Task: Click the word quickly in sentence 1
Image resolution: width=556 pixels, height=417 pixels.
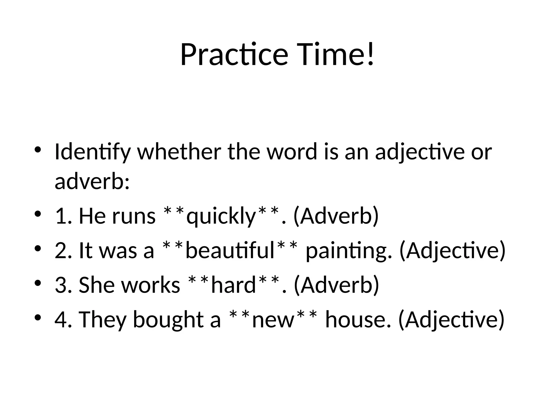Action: click(x=221, y=217)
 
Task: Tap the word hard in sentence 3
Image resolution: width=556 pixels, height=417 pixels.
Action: click(x=233, y=285)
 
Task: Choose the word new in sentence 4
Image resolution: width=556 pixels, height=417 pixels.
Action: click(x=273, y=320)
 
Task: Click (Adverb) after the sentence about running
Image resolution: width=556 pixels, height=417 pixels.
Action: click(x=336, y=216)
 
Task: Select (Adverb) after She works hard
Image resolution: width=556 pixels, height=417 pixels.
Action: click(x=336, y=285)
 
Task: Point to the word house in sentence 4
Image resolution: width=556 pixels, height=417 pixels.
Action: click(x=358, y=320)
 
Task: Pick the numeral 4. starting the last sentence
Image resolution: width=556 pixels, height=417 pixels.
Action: click(x=63, y=320)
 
